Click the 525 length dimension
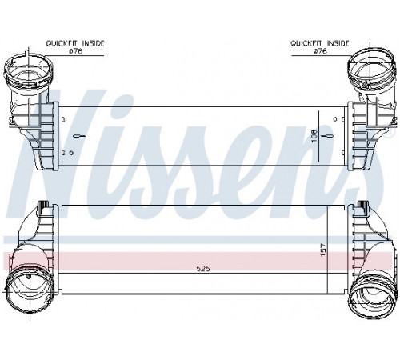coord(203,268)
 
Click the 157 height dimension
coord(322,250)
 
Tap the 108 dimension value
coord(314,135)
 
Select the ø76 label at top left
coord(76,51)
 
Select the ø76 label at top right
coord(320,51)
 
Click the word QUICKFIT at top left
coord(62,43)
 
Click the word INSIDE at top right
coord(338,43)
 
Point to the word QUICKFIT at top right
coord(306,43)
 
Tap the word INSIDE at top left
coord(94,43)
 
